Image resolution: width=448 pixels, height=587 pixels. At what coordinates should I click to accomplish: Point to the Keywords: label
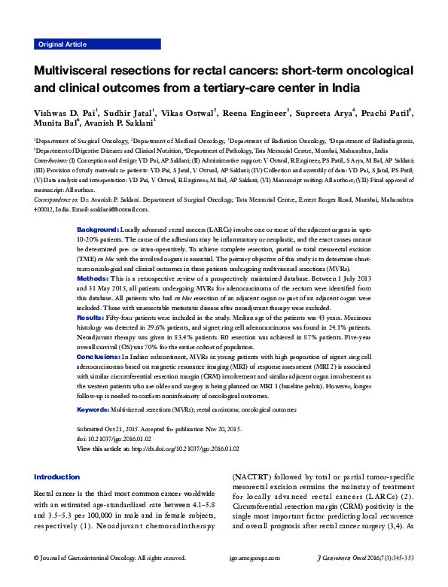93,409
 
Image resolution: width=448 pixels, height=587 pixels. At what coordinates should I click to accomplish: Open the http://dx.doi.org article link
184,448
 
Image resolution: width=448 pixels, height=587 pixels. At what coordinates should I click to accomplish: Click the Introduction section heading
57,477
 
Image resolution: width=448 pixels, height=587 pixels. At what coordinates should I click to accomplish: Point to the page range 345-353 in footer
399,558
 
